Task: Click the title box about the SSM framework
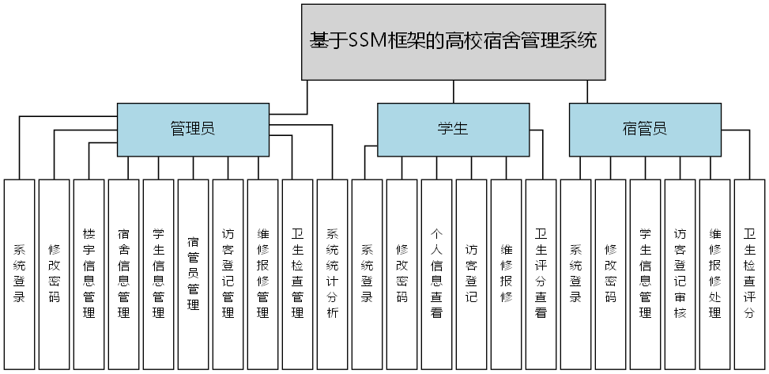[454, 41]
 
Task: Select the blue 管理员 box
[193, 129]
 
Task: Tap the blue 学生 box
[452, 129]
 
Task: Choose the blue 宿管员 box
[645, 129]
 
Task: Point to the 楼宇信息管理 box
[89, 274]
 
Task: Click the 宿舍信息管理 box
[123, 274]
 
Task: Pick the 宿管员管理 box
[193, 274]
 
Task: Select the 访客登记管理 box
[228, 274]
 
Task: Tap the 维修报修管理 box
[262, 274]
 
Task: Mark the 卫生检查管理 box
[297, 274]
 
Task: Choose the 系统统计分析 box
[332, 274]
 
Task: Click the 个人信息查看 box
[436, 274]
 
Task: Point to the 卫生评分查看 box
[541, 274]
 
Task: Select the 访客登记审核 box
[680, 274]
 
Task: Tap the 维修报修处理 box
[714, 274]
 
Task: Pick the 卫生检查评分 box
[749, 274]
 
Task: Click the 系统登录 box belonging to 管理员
[19, 274]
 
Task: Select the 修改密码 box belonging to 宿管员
[610, 274]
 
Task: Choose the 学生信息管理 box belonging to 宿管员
[645, 274]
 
